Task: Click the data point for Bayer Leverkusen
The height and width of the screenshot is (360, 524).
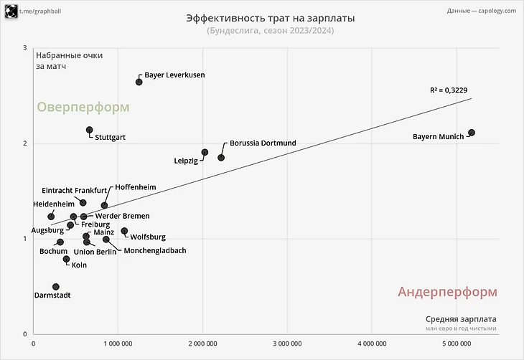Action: pyautogui.click(x=139, y=82)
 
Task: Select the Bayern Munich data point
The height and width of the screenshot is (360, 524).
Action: pyautogui.click(x=472, y=133)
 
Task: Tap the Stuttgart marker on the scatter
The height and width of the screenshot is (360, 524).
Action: pyautogui.click(x=90, y=131)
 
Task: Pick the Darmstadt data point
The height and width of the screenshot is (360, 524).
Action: pyautogui.click(x=56, y=287)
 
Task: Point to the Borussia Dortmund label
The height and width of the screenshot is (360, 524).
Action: pyautogui.click(x=263, y=143)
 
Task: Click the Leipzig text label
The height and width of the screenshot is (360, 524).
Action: pyautogui.click(x=186, y=161)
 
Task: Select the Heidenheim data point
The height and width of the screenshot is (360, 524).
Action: pyautogui.click(x=51, y=216)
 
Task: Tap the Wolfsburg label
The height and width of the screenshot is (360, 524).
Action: pyautogui.click(x=148, y=237)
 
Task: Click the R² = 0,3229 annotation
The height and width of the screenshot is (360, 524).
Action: pyautogui.click(x=449, y=90)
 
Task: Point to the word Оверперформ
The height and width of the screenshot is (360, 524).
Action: pyautogui.click(x=83, y=107)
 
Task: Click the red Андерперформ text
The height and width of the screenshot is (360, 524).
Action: pyautogui.click(x=447, y=292)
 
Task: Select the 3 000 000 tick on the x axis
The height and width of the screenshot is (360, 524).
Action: pyautogui.click(x=287, y=344)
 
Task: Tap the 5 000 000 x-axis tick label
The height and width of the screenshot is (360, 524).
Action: pyautogui.click(x=457, y=344)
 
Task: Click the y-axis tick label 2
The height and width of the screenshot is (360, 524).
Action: pyautogui.click(x=25, y=143)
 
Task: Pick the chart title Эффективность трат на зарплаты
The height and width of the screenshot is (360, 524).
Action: pyautogui.click(x=270, y=17)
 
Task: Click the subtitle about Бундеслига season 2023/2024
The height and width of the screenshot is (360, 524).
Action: pyautogui.click(x=270, y=31)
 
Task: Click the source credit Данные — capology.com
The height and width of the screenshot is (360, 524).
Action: pyautogui.click(x=481, y=11)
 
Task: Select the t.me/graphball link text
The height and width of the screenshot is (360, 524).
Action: pyautogui.click(x=42, y=11)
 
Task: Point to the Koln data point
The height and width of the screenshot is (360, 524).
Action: pyautogui.click(x=67, y=259)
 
